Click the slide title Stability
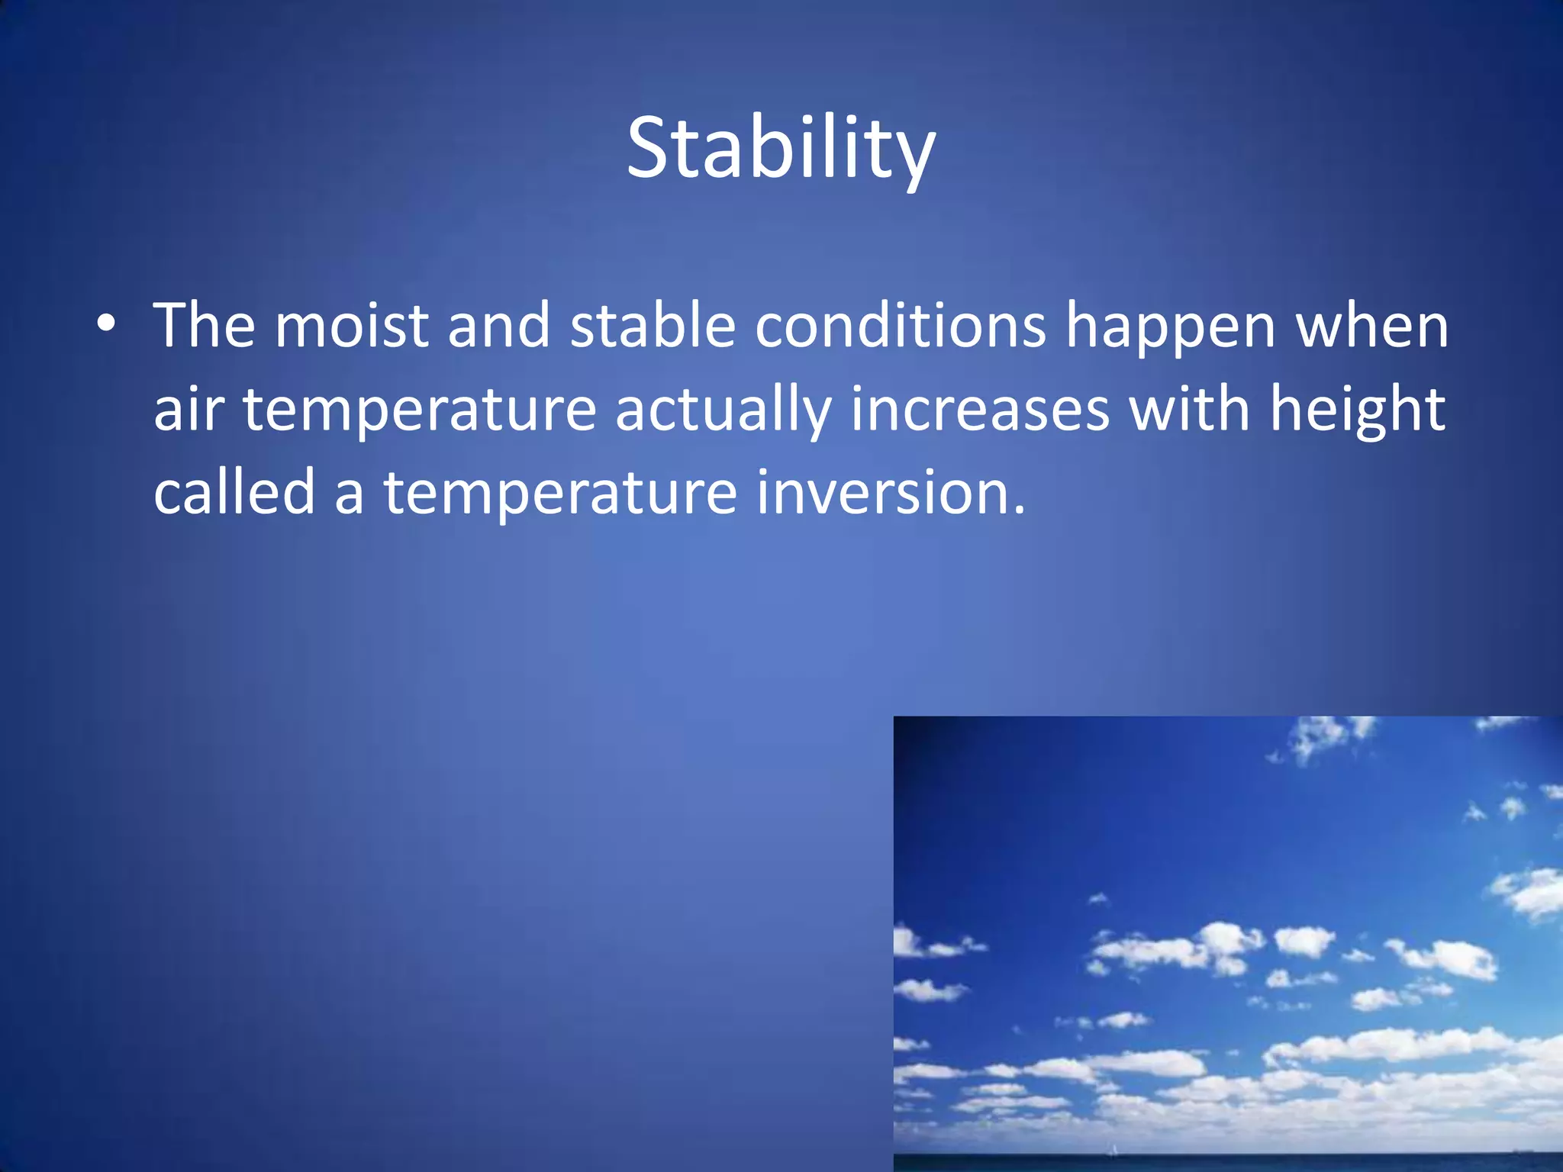pyautogui.click(x=780, y=149)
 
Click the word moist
pyautogui.click(x=351, y=326)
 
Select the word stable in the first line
pyautogui.click(x=653, y=326)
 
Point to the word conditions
pyautogui.click(x=901, y=326)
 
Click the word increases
pyautogui.click(x=981, y=410)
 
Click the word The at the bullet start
pyautogui.click(x=204, y=326)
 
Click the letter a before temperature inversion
pyautogui.click(x=349, y=496)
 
